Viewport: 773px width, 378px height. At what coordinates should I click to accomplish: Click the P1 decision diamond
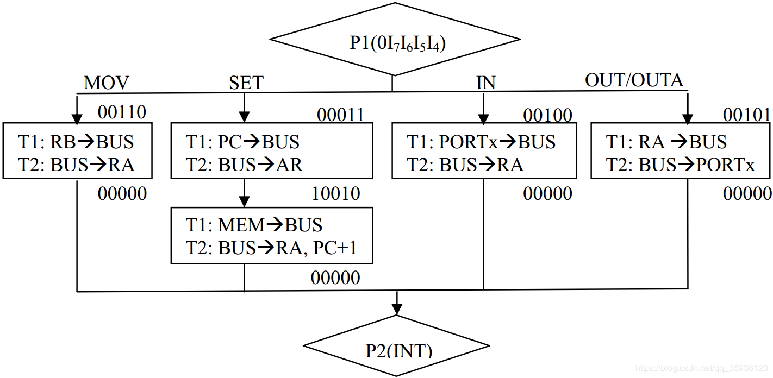pos(395,40)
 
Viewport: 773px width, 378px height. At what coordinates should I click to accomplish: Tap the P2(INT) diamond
pos(397,348)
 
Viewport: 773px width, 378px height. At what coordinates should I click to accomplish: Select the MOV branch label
pos(107,83)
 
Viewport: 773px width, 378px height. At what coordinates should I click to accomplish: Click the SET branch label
pos(246,83)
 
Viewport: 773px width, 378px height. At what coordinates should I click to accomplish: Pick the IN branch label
pos(486,83)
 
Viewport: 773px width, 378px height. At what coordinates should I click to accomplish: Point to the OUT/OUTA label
pos(634,80)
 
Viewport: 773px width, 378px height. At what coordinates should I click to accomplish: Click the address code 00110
pos(122,112)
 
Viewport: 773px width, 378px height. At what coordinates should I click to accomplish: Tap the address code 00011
pos(340,115)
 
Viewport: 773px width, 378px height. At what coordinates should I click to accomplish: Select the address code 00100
pos(547,115)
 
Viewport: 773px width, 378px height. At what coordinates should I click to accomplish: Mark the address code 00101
pos(747,115)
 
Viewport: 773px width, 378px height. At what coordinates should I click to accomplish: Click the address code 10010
pos(336,193)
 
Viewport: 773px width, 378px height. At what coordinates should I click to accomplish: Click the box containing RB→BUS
pos(77,151)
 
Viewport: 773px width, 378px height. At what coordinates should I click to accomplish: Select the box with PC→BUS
pos(272,151)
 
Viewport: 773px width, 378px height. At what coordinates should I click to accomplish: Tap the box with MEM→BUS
pos(272,236)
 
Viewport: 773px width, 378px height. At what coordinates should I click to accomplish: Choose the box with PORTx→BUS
pos(484,151)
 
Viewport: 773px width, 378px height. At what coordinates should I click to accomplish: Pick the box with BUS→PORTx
pos(681,151)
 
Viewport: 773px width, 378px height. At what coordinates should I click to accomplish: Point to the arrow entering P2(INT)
pos(397,304)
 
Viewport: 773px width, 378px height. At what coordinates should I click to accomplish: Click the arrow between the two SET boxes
pos(245,193)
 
